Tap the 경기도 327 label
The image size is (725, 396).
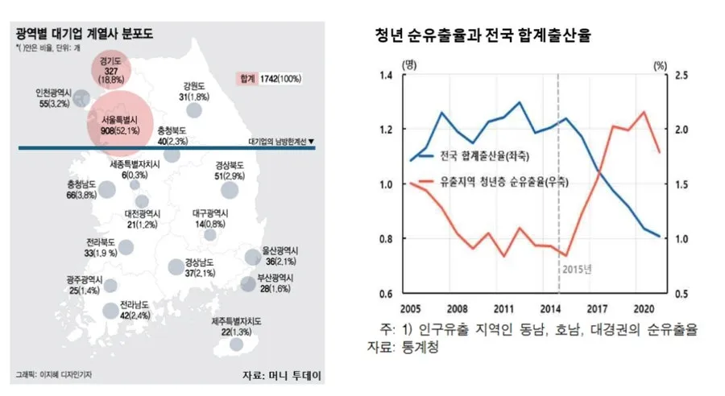point(110,70)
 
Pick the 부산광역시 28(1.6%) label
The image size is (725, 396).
point(270,283)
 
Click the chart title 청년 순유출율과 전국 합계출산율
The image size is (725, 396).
point(484,36)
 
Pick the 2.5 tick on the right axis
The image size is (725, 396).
point(680,76)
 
